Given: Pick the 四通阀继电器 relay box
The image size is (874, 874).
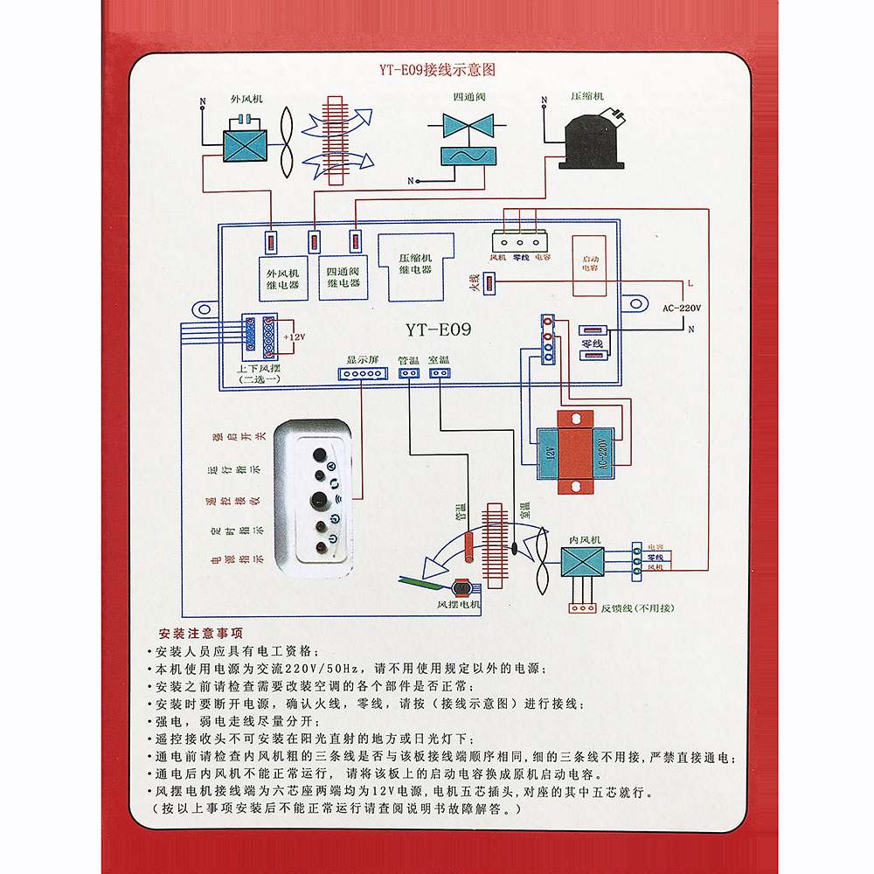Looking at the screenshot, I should pyautogui.click(x=343, y=278).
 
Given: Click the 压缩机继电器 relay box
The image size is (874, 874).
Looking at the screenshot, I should pyautogui.click(x=415, y=263).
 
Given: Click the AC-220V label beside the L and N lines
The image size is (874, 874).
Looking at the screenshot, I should pyautogui.click(x=682, y=307).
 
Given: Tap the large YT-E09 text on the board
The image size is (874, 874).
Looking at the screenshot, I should pyautogui.click(x=438, y=330).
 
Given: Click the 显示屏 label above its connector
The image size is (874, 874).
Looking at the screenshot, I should pyautogui.click(x=361, y=359).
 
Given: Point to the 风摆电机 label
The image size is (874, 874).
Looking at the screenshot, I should pyautogui.click(x=459, y=604).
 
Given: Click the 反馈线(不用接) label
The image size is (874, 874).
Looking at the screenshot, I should pyautogui.click(x=637, y=607).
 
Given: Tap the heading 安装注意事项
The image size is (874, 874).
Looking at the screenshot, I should pyautogui.click(x=201, y=634).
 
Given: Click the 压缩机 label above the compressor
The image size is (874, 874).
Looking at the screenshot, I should pyautogui.click(x=586, y=96).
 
